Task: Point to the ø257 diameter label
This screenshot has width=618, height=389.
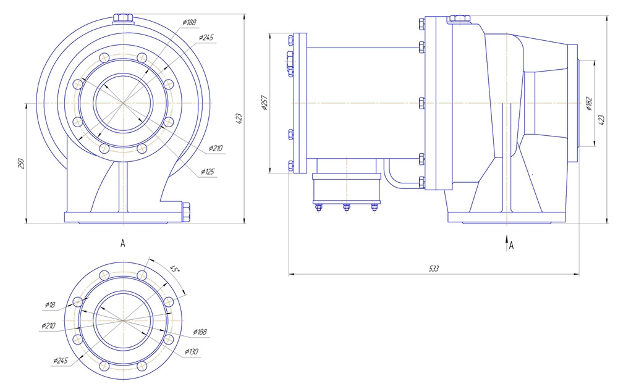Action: pos(264,103)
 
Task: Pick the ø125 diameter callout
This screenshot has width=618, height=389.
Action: pos(207,172)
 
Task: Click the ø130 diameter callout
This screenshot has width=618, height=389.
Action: pos(192,352)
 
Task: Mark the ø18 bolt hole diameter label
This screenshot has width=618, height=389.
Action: pos(50,304)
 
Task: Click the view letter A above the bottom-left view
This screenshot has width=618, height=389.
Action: pos(123,244)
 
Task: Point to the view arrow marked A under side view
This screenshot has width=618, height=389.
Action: pos(507,243)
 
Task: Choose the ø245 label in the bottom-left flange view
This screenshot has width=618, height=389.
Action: pos(61,360)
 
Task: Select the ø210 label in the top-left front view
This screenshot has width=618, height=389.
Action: pos(215,148)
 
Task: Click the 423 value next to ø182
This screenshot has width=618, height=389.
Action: pos(601,120)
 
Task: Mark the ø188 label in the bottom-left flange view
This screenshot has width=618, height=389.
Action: pos(200,332)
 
